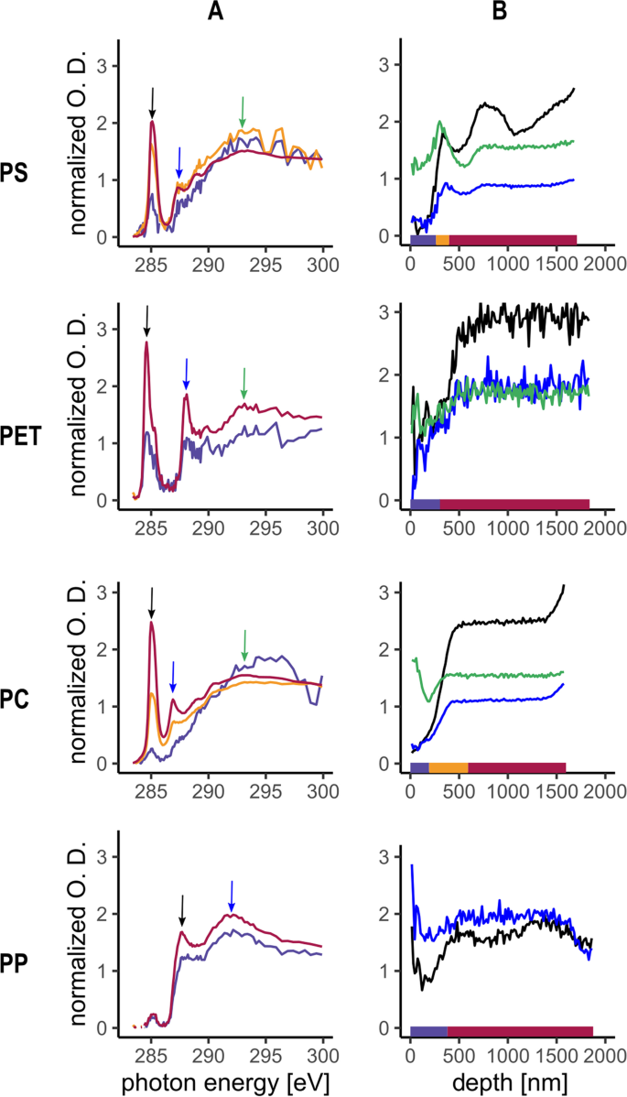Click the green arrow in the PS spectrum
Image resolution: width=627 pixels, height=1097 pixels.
pyautogui.click(x=243, y=111)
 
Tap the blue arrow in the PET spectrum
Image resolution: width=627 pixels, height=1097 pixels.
pyautogui.click(x=187, y=374)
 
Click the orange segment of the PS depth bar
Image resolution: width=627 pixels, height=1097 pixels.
pyautogui.click(x=442, y=240)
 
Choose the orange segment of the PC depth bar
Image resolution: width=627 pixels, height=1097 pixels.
pyautogui.click(x=449, y=767)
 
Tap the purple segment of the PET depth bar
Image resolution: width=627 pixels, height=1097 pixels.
pyautogui.click(x=425, y=504)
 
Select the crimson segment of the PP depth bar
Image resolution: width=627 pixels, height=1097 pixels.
pyautogui.click(x=520, y=1031)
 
